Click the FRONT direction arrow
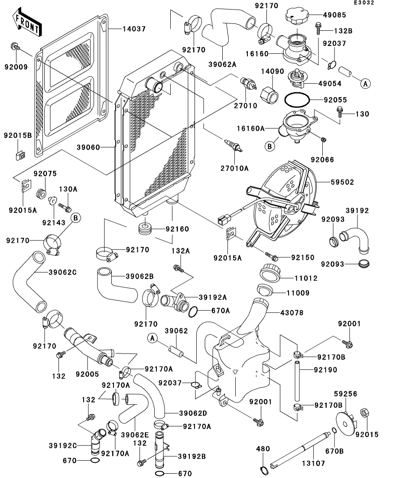tap(27, 22)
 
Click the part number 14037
tap(134, 29)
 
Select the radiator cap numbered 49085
tap(297, 16)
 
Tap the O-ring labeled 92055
tap(297, 100)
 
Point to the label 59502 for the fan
tap(343, 182)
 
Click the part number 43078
tap(292, 313)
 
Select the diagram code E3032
tap(364, 3)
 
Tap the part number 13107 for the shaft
tap(313, 463)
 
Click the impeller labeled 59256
tap(346, 423)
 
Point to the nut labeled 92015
tap(365, 413)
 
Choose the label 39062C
tap(62, 272)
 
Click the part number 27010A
tap(235, 168)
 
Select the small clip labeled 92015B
tap(20, 155)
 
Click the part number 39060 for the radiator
tap(88, 147)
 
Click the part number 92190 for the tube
tap(325, 370)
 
